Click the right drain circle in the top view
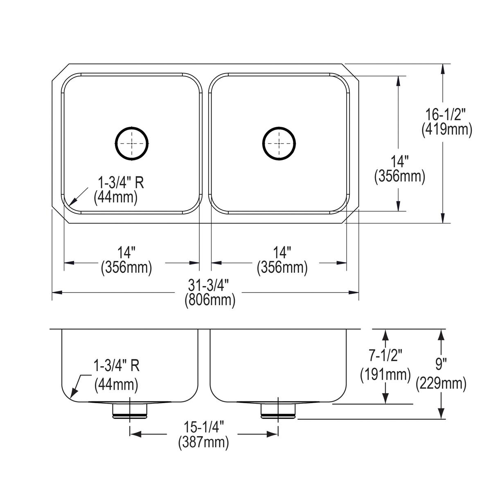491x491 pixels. point(279,143)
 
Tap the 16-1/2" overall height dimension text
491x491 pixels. point(447,115)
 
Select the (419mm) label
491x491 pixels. point(447,130)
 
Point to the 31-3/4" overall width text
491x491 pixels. point(209,285)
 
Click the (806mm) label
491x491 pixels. point(209,300)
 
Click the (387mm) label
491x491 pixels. point(203,442)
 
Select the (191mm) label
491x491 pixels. point(385,374)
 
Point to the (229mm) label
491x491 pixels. point(441,383)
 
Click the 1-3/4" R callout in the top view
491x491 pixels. point(120,182)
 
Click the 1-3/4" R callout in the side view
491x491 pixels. point(117,365)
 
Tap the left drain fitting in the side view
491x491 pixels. point(130,411)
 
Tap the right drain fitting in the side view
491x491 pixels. point(278,411)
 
